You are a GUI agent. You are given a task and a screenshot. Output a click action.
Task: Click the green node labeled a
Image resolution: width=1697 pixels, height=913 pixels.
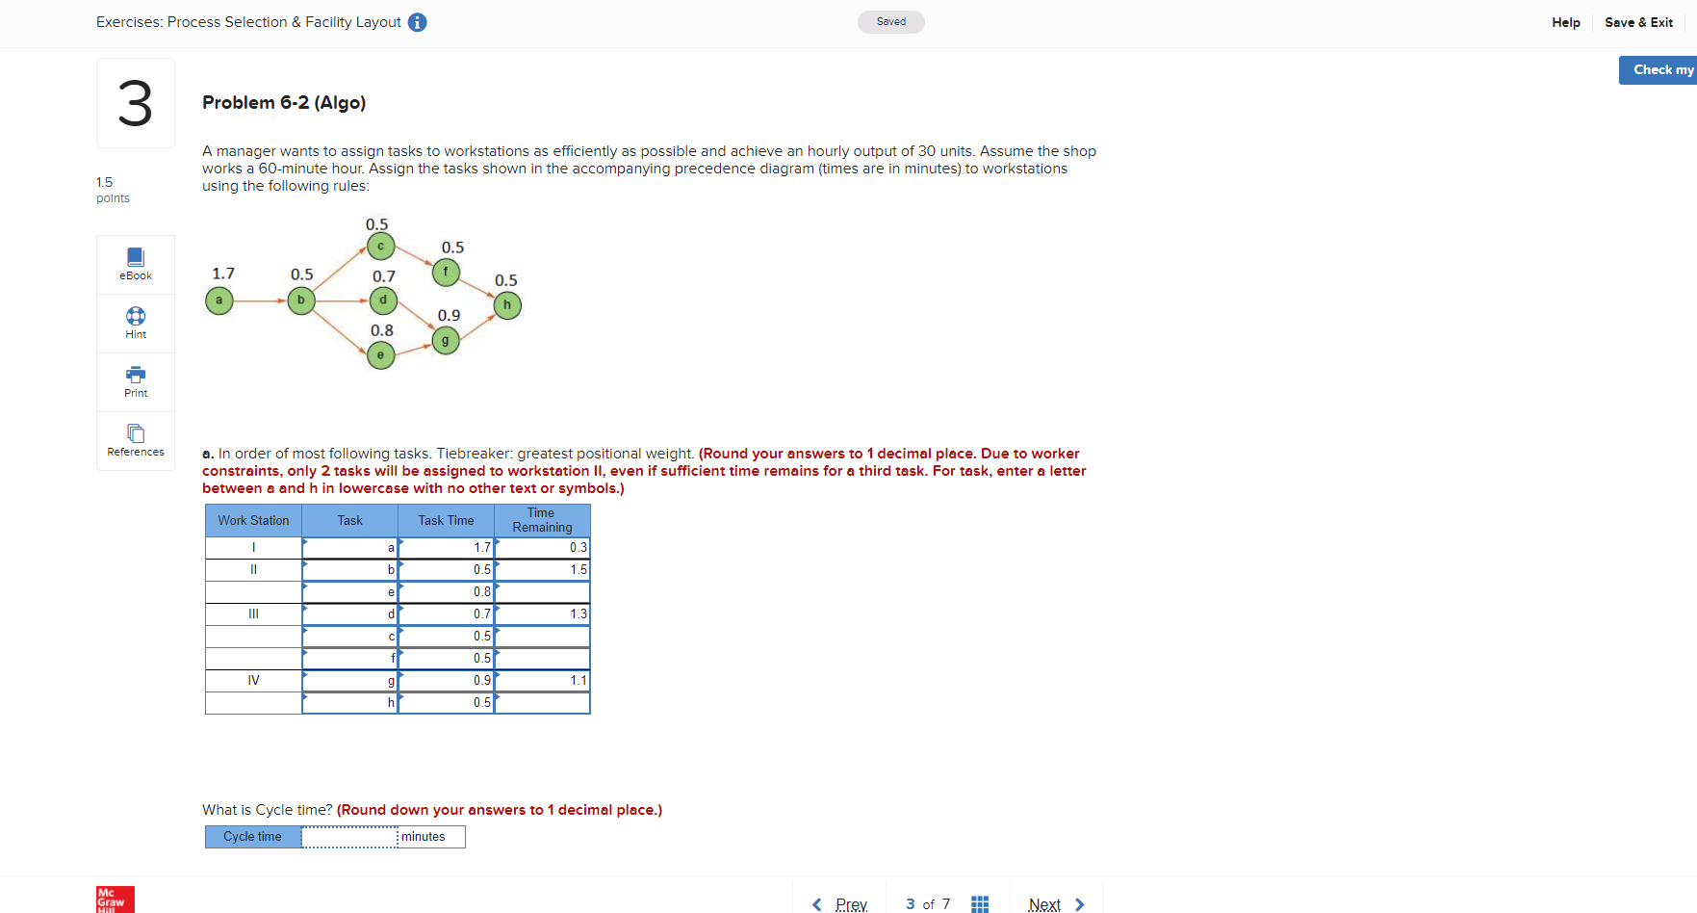[x=219, y=300]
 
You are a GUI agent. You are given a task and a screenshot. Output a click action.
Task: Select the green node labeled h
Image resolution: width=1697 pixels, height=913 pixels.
[x=507, y=305]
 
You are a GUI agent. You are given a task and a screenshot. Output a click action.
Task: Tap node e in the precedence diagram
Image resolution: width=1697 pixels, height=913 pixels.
[x=381, y=355]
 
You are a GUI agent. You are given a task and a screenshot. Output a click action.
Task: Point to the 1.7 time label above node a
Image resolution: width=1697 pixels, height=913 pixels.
[x=223, y=274]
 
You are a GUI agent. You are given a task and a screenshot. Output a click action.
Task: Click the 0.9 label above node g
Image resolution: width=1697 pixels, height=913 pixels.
[x=449, y=315]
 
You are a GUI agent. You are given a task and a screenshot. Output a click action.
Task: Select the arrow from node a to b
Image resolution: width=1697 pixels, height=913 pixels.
[x=260, y=300]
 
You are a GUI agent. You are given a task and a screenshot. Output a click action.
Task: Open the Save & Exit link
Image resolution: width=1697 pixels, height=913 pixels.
[x=1638, y=22]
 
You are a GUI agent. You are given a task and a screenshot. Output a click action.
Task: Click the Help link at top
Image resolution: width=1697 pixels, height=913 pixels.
[x=1565, y=22]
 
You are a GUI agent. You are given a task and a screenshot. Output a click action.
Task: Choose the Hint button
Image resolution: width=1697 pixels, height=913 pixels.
[x=136, y=323]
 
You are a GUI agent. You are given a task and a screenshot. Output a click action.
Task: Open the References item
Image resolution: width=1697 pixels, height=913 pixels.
[x=136, y=440]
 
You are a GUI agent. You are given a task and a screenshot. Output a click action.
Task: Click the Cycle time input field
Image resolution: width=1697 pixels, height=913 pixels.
[x=349, y=837]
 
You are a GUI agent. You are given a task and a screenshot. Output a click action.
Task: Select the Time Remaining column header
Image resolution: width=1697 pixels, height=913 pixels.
[x=542, y=520]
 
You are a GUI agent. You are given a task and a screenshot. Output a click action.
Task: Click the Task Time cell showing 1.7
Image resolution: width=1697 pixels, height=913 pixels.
[x=447, y=547]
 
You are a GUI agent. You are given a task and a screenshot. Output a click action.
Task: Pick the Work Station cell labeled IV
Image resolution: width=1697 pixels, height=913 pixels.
[x=253, y=680]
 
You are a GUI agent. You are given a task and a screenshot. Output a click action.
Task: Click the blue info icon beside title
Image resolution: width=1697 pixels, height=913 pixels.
[x=417, y=22]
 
